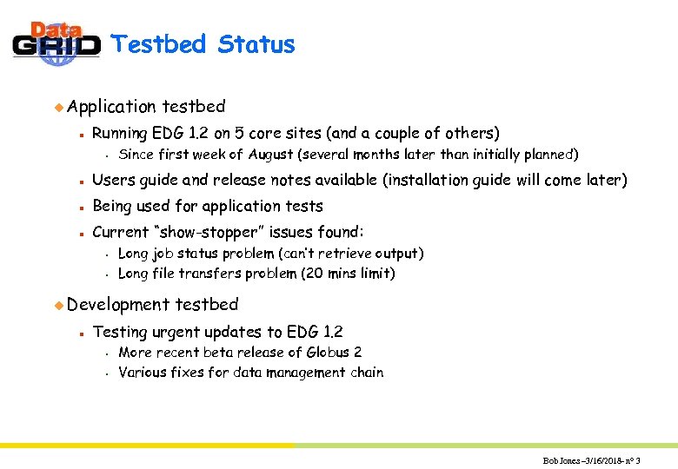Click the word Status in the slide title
coord(256,44)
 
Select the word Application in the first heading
coord(112,107)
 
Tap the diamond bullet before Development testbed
coord(59,305)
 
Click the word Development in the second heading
coord(118,305)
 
